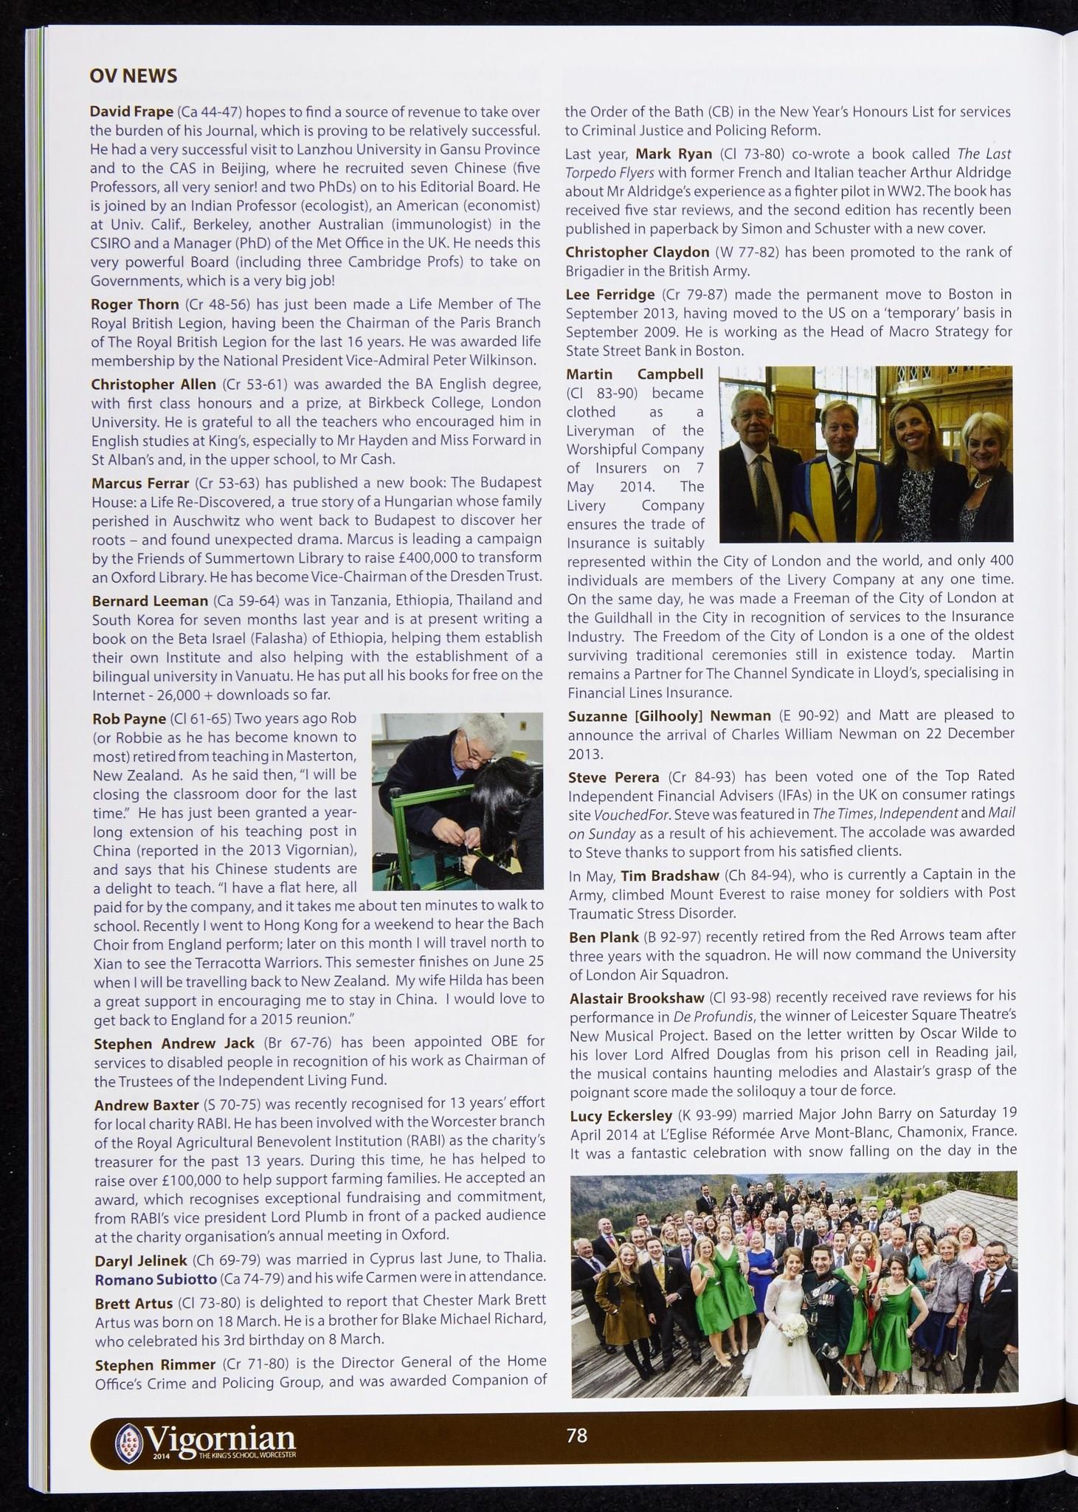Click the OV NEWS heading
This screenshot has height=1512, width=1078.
point(133,76)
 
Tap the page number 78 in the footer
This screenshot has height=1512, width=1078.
point(576,1434)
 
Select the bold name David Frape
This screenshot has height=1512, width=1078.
point(131,111)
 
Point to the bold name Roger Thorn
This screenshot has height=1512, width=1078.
point(134,303)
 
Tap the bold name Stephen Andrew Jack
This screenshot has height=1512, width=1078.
point(174,1043)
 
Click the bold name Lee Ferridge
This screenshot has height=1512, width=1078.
point(609,294)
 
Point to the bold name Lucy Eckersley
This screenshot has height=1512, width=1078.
point(621,1115)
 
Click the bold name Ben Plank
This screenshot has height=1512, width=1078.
point(604,937)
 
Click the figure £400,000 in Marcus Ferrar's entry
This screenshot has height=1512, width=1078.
point(428,557)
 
